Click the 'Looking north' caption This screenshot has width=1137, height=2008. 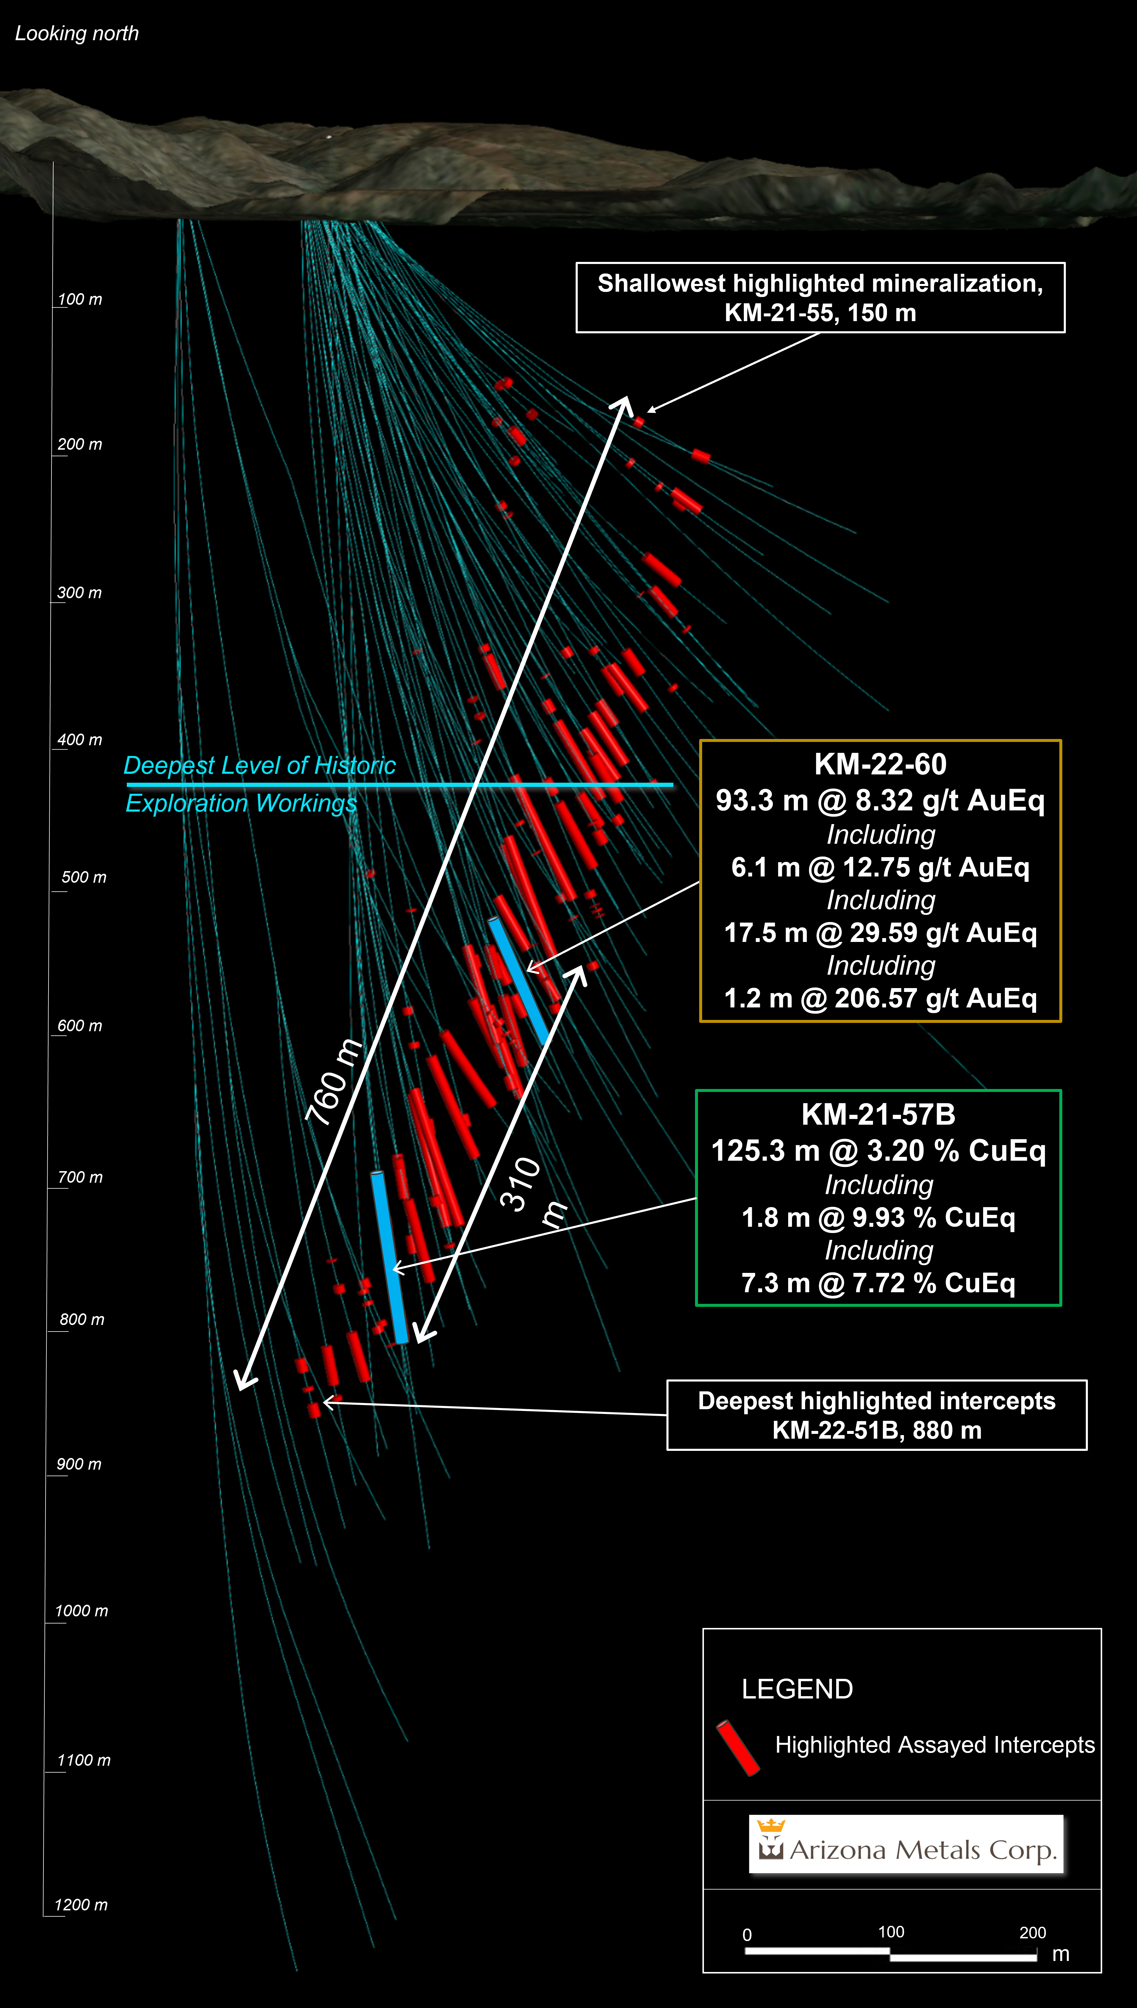[76, 34]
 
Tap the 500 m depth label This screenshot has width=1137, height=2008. [84, 878]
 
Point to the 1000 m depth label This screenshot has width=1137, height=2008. [81, 1611]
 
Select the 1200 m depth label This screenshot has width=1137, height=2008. [80, 1905]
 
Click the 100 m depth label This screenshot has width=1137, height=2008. [80, 300]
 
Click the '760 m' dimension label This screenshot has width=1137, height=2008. [334, 1081]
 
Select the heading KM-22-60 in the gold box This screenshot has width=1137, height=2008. [880, 764]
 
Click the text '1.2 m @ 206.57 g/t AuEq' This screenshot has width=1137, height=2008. [880, 998]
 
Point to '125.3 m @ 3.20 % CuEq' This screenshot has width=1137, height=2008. [878, 1151]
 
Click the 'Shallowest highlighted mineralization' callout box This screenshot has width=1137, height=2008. [820, 297]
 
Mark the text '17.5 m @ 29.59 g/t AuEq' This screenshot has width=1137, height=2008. [880, 933]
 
